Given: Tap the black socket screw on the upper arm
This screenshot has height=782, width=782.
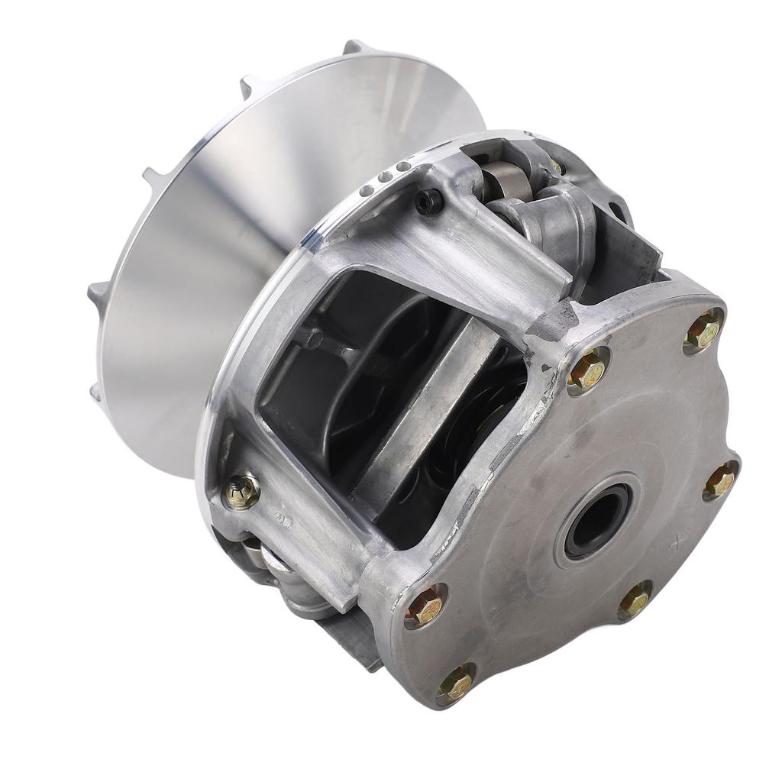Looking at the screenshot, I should tap(428, 201).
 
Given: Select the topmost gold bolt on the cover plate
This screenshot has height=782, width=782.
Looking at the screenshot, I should tap(703, 331).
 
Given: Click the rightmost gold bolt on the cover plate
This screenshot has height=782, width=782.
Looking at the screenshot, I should tap(719, 481).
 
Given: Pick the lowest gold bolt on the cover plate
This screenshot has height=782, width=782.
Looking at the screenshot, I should tap(457, 683).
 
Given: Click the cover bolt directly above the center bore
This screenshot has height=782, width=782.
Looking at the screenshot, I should tap(587, 371).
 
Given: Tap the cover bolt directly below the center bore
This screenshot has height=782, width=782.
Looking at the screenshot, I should tap(634, 600).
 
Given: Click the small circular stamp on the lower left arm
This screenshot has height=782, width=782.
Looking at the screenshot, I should tap(282, 519).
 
